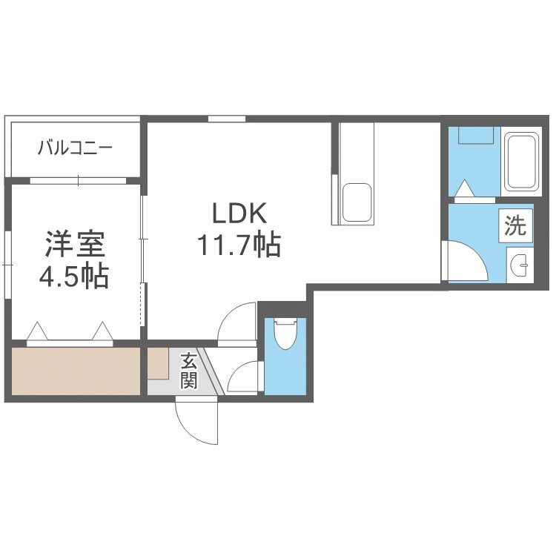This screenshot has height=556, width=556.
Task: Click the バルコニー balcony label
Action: point(75,148)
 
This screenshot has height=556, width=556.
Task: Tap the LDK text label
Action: point(239,213)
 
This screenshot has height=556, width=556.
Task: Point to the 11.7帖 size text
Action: point(239,245)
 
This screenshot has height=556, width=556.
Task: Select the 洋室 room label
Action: point(75,244)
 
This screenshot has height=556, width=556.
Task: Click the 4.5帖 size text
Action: point(73,276)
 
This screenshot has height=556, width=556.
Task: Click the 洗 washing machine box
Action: point(515,225)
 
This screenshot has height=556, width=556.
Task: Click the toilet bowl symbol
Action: point(285,334)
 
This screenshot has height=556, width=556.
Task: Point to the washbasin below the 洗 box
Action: point(520,265)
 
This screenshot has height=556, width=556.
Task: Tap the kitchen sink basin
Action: point(357,202)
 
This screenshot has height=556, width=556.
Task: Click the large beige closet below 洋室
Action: point(76,371)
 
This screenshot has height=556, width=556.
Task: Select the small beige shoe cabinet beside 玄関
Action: point(158,363)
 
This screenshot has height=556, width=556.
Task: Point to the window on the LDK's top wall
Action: point(227,119)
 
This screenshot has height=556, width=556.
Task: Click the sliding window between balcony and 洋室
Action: point(78,181)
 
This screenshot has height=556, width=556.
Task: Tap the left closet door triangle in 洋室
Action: point(37,331)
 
